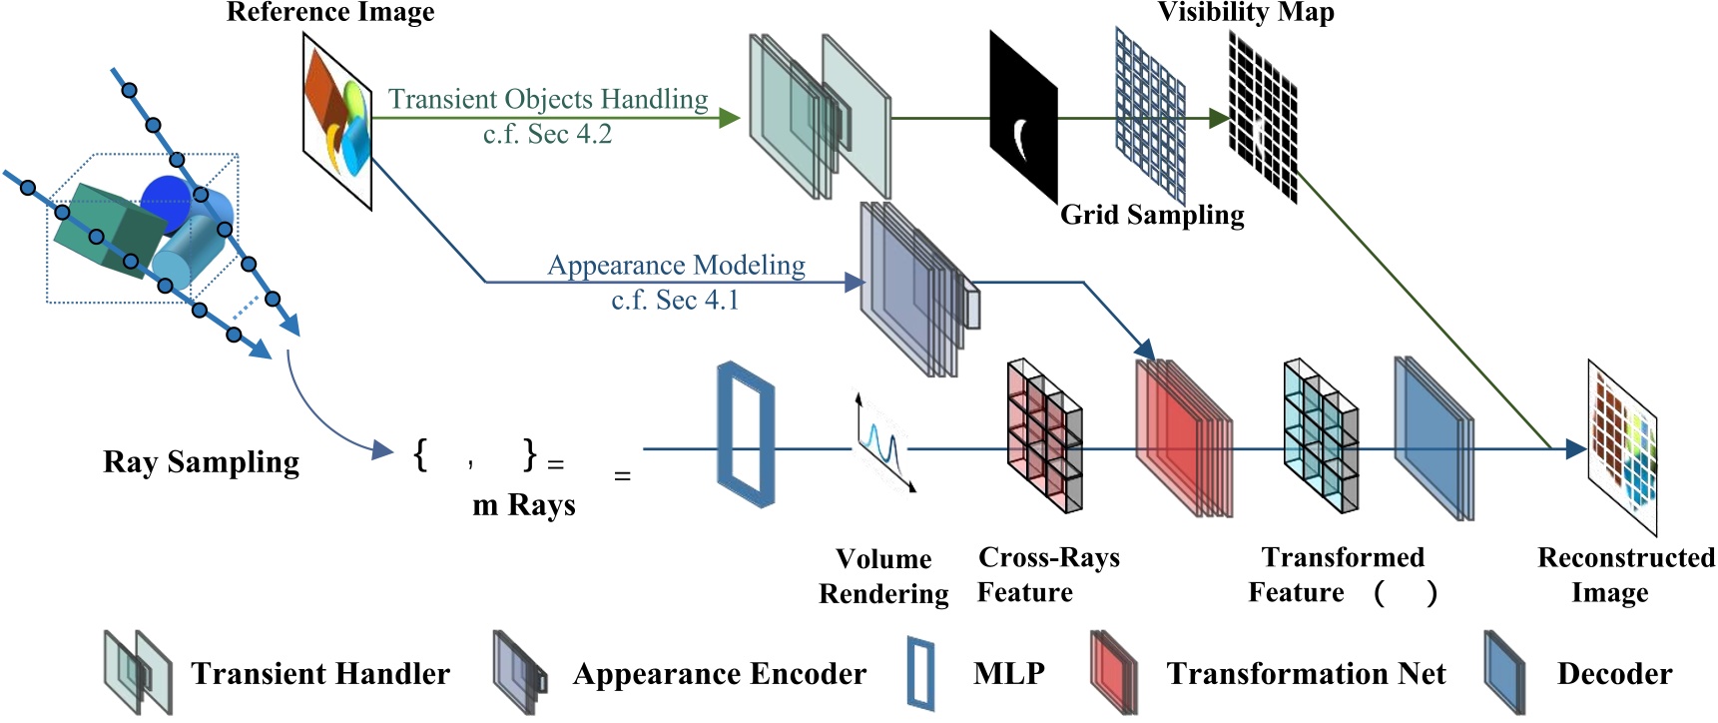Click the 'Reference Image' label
[x=330, y=13]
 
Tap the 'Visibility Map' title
[x=1245, y=13]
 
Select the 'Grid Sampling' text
[x=1152, y=215]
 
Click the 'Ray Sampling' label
[x=201, y=461]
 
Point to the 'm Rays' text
[x=524, y=505]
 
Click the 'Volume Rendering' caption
[x=883, y=576]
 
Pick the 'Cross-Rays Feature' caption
[x=1048, y=574]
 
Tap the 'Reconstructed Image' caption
[x=1625, y=574]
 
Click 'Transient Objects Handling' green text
[x=548, y=100]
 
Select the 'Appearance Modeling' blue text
[x=676, y=266]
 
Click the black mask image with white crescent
[x=1022, y=118]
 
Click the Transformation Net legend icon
[x=1114, y=672]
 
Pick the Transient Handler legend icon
[x=138, y=672]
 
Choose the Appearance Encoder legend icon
[x=520, y=672]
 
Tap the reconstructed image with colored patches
[x=1622, y=446]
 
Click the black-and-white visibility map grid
[x=1263, y=118]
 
